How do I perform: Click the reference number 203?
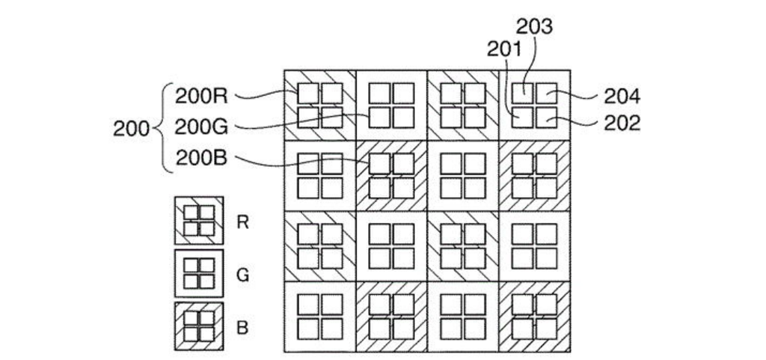(x=535, y=26)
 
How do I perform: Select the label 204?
(x=622, y=97)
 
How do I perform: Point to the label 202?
(x=622, y=123)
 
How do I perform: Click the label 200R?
(x=201, y=96)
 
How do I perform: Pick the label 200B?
(x=201, y=158)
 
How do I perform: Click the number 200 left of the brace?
(x=132, y=128)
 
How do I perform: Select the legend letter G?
(x=242, y=275)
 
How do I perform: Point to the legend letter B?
(x=242, y=328)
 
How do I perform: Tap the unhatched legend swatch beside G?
(x=199, y=274)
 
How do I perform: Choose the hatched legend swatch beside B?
(x=199, y=326)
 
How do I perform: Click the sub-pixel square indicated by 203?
(x=523, y=93)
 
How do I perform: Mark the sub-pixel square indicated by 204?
(x=547, y=93)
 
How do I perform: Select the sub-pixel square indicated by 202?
(x=547, y=118)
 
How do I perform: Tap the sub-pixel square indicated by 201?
(x=523, y=118)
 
